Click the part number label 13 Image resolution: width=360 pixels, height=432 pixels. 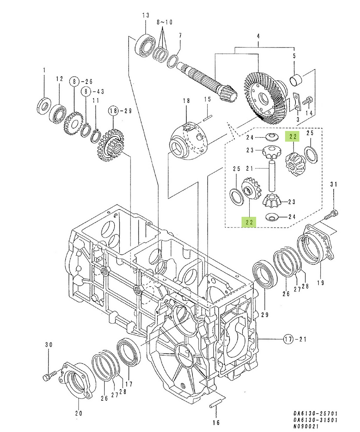click(145, 15)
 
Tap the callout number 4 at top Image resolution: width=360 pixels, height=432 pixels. click(258, 36)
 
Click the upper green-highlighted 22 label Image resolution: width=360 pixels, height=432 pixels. click(293, 136)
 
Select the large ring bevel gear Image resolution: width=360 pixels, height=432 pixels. click(266, 95)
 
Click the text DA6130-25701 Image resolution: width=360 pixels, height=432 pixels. click(315, 414)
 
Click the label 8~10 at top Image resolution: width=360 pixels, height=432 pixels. click(164, 22)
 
